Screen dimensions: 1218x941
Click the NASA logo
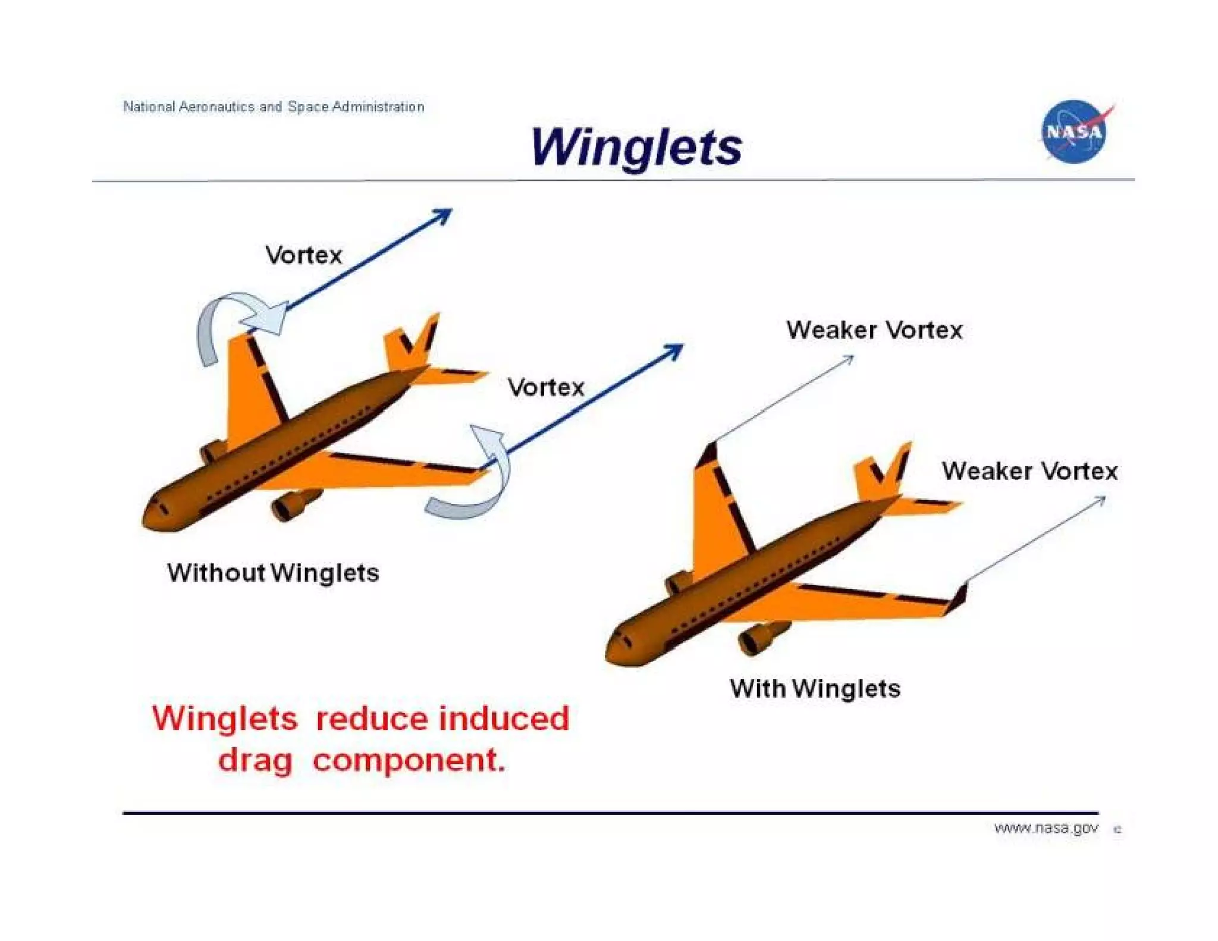coord(1074,131)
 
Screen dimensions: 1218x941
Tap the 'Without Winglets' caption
coord(273,573)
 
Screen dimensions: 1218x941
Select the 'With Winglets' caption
coord(815,689)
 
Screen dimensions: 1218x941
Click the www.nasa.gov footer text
coord(1046,828)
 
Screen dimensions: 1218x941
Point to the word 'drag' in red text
coord(255,761)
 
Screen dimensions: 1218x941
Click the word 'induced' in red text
coord(504,719)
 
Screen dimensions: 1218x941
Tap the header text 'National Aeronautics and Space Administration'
coord(274,107)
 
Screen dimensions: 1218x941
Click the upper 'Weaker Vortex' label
coord(874,330)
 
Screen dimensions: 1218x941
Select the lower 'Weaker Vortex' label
coord(1029,471)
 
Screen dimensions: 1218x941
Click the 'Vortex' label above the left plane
coord(303,255)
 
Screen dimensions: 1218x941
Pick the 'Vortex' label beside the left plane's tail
coord(546,388)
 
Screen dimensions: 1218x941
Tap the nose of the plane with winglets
coord(616,645)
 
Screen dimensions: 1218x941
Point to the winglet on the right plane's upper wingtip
coord(708,455)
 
